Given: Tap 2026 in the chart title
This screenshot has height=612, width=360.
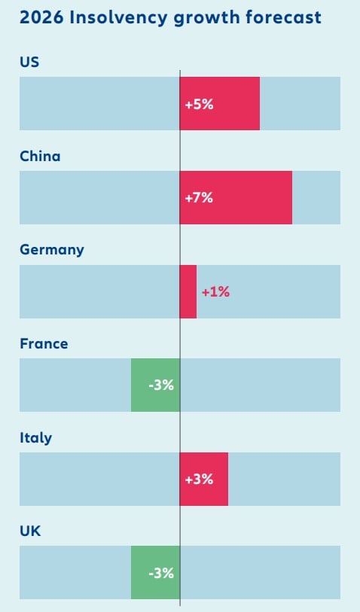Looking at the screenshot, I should pyautogui.click(x=41, y=17).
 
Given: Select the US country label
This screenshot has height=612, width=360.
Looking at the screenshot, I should pyautogui.click(x=29, y=62).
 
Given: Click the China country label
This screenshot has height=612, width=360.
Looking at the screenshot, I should pyautogui.click(x=40, y=156).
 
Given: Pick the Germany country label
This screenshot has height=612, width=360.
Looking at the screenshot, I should pyautogui.click(x=52, y=249).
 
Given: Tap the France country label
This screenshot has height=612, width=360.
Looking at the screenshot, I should pyautogui.click(x=44, y=343).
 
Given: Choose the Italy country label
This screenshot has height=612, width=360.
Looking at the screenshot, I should pyautogui.click(x=35, y=437).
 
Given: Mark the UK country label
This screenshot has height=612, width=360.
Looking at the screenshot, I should pyautogui.click(x=30, y=531).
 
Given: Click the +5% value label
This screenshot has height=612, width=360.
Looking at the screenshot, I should pyautogui.click(x=199, y=104).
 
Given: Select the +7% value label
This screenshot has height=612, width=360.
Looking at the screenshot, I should pyautogui.click(x=199, y=198).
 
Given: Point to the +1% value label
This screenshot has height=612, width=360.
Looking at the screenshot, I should pyautogui.click(x=215, y=292).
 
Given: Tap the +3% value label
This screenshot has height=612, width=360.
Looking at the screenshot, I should pyautogui.click(x=199, y=480).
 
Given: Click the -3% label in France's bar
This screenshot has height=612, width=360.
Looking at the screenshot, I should pyautogui.click(x=161, y=385).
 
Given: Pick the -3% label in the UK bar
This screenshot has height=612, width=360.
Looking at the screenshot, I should pyautogui.click(x=161, y=573).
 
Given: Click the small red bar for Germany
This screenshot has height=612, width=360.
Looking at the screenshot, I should pyautogui.click(x=188, y=291).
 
